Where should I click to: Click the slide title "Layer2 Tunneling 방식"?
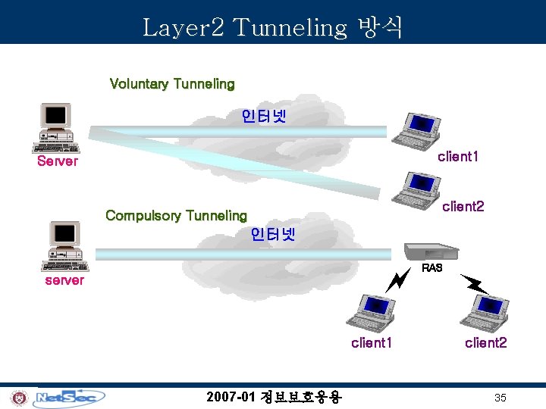(273, 27)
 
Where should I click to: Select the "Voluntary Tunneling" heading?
(172, 83)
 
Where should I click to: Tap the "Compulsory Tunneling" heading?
(176, 215)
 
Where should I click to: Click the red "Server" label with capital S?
(58, 161)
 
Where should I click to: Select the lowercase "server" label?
(64, 280)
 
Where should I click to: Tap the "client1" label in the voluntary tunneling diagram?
(458, 157)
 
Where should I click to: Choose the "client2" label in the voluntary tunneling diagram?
(463, 206)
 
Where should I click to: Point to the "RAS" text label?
(432, 268)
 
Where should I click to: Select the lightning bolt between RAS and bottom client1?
(397, 281)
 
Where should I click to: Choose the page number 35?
(500, 398)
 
